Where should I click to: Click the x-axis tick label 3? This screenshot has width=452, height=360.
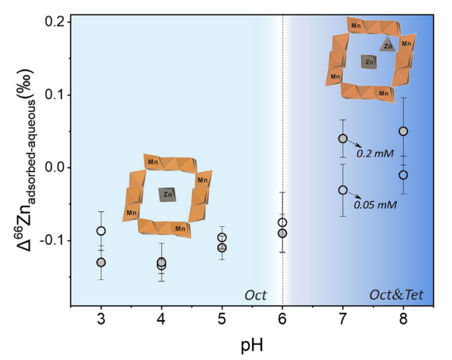(x=101, y=318)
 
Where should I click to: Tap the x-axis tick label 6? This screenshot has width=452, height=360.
(x=282, y=318)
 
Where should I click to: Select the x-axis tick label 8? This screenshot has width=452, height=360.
(x=403, y=318)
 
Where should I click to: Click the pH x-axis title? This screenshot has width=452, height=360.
(x=253, y=344)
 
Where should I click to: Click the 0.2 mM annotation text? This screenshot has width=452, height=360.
(x=375, y=154)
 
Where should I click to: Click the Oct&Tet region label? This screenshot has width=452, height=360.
(x=396, y=295)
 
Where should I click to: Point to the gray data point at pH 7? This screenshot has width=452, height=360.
(x=343, y=139)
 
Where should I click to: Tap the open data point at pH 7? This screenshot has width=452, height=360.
(x=343, y=190)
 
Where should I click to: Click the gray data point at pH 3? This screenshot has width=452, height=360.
(x=101, y=262)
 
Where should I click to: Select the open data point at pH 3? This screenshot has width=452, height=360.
(x=101, y=231)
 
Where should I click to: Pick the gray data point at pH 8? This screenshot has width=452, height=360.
(x=403, y=131)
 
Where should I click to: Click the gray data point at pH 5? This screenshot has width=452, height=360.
(x=222, y=247)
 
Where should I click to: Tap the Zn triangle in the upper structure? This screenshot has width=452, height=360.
(x=387, y=45)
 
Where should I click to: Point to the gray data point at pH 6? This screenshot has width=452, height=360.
(x=282, y=233)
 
